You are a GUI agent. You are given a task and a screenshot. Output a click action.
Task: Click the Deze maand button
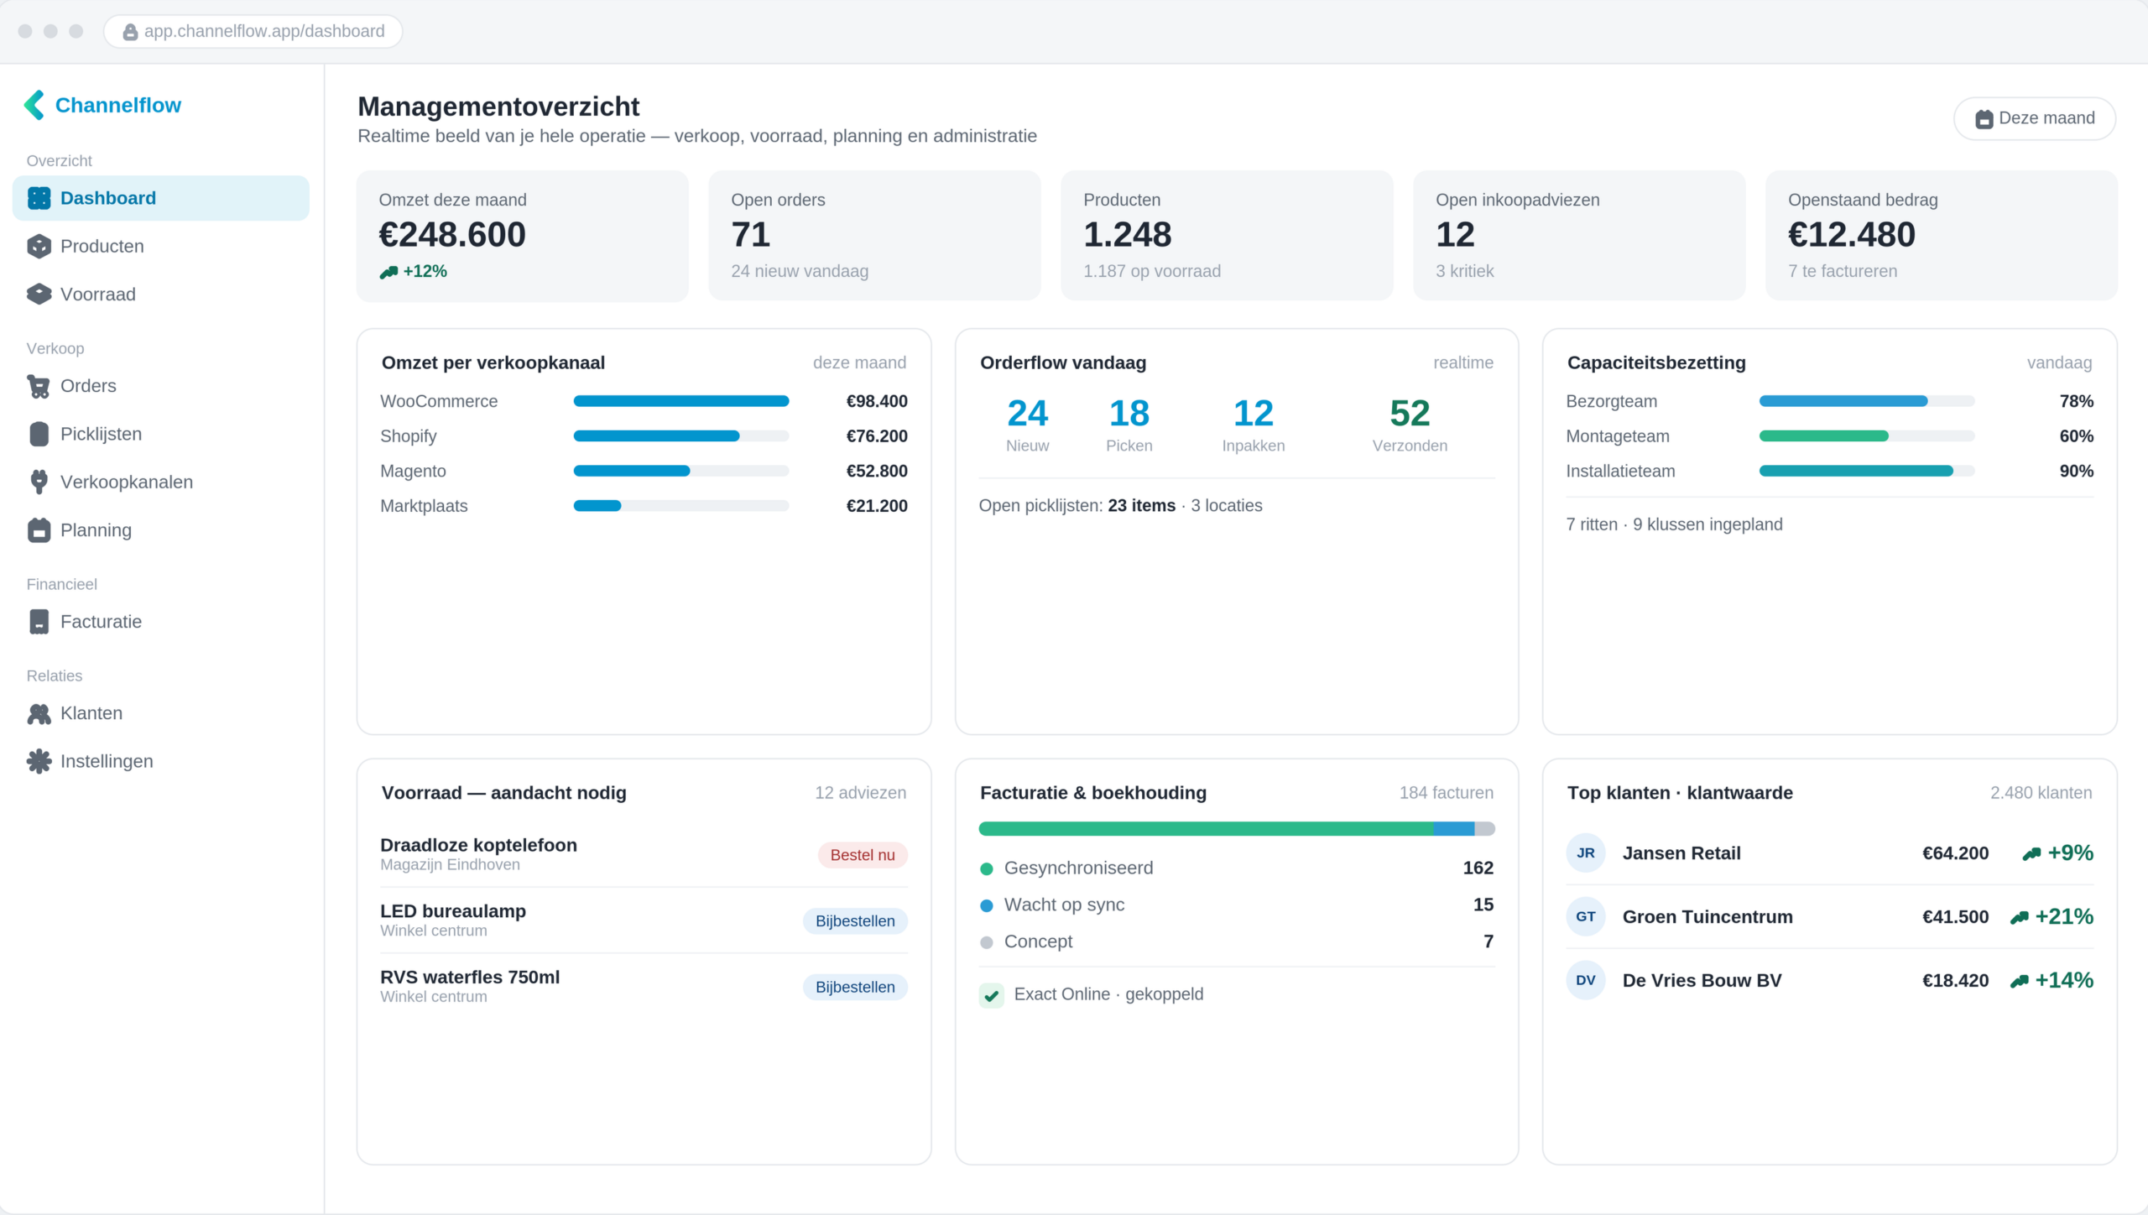(x=2034, y=118)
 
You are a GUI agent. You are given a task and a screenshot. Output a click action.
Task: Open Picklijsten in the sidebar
(x=101, y=434)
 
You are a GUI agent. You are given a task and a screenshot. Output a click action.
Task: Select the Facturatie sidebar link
(x=101, y=622)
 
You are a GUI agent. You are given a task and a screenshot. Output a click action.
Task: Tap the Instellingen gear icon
(x=39, y=761)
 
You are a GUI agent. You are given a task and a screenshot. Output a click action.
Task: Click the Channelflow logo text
(x=118, y=105)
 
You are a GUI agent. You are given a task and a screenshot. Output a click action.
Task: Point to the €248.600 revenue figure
(x=452, y=234)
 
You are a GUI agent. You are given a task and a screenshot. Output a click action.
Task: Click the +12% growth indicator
(x=414, y=271)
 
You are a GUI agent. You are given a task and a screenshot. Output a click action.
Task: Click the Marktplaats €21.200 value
(x=877, y=506)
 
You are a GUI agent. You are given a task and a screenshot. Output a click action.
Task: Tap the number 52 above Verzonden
(x=1410, y=413)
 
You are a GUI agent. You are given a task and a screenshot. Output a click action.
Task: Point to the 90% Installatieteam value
(x=2076, y=472)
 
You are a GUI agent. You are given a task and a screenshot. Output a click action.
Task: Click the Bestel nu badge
(x=863, y=855)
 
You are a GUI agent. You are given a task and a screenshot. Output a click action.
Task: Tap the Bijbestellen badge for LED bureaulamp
(x=855, y=921)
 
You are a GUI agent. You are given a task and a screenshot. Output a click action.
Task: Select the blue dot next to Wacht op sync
(x=987, y=905)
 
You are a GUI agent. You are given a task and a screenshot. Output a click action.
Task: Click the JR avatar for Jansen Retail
(x=1586, y=853)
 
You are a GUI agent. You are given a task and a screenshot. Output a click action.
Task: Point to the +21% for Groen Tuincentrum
(x=2052, y=917)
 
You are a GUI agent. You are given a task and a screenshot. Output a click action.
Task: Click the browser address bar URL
(x=264, y=31)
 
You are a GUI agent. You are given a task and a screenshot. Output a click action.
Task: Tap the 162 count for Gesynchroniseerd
(x=1478, y=868)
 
